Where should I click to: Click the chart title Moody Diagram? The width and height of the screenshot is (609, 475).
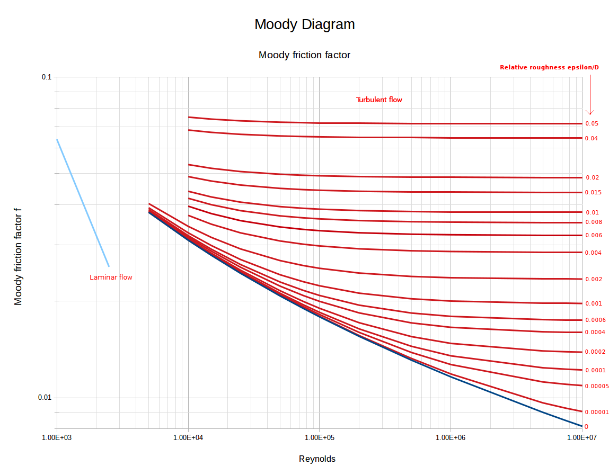[x=304, y=24]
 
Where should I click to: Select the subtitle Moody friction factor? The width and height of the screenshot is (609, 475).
[x=304, y=55]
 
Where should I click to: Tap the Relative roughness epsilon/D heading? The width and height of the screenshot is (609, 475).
[x=549, y=67]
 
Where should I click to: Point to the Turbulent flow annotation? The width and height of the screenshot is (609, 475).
[x=378, y=100]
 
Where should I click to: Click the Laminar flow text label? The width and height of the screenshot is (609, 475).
[x=111, y=277]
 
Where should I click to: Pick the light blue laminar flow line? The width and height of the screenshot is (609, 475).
[x=83, y=203]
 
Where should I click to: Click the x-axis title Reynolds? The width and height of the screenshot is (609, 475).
[x=317, y=459]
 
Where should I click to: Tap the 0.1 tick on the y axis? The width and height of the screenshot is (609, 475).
[x=47, y=77]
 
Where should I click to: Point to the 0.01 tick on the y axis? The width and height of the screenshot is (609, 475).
[x=45, y=398]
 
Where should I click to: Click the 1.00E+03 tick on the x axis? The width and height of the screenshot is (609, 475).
[x=57, y=438]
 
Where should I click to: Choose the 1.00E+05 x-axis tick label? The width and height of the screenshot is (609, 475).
[x=319, y=438]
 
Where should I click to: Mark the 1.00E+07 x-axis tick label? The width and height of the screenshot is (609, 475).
[x=582, y=438]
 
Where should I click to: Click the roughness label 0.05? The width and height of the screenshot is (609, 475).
[x=592, y=123]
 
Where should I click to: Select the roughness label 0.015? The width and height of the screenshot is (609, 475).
[x=593, y=192]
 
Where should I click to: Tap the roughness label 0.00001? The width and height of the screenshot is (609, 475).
[x=596, y=412]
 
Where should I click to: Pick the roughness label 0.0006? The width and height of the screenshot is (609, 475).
[x=595, y=320]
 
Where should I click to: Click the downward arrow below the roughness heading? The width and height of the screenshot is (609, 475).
[x=589, y=95]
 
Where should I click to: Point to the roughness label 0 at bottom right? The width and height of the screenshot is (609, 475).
[x=586, y=426]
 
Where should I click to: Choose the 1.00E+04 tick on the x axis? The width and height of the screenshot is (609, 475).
[x=188, y=438]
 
